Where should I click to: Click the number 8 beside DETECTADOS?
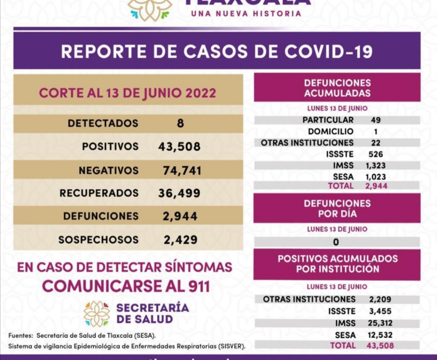coord(180,123)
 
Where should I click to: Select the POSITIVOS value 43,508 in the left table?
coord(179,146)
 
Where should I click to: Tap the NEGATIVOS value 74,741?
coord(182,171)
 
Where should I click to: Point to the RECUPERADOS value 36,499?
coord(179,193)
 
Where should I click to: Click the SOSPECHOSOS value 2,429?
coord(180,240)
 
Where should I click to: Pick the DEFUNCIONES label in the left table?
coord(101,216)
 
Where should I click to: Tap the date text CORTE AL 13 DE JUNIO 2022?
coord(127,93)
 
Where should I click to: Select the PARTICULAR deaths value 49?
coord(375,120)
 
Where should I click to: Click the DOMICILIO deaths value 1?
coord(375,131)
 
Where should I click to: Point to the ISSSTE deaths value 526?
coord(375,154)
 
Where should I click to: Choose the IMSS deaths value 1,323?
coord(375,165)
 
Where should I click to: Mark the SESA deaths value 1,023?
coord(375,177)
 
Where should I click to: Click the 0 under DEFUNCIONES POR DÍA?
coord(336,242)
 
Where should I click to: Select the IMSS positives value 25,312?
coord(380,323)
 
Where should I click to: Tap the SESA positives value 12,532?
coord(380,335)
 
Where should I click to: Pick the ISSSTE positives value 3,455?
coord(380,311)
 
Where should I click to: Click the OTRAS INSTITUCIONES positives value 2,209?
coord(380,299)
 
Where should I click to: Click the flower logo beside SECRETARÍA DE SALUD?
coord(97,313)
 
